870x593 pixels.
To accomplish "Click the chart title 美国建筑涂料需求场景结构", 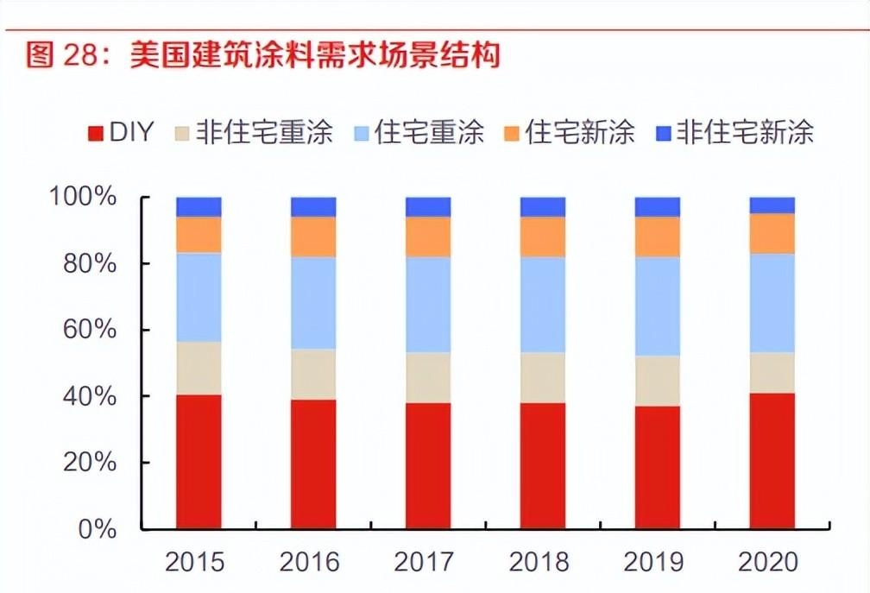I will (x=315, y=56).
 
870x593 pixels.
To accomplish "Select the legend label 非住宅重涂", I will (x=264, y=132).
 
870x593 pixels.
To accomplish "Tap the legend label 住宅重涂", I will (x=429, y=132).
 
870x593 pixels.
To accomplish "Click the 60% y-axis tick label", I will (x=91, y=330).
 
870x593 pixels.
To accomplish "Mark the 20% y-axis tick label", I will (x=91, y=463).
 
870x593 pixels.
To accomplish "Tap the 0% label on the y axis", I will (x=97, y=529).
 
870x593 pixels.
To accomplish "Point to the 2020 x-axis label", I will (x=768, y=563).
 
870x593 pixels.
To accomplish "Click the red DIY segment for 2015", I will (x=199, y=462).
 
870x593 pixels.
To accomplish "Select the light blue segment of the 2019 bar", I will (x=657, y=306).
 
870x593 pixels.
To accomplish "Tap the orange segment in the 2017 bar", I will (x=428, y=237).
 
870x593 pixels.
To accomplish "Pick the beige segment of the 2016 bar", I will (x=313, y=374).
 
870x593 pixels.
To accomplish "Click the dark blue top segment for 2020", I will (x=772, y=205).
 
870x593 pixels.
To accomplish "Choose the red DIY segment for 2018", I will (x=542, y=466).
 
